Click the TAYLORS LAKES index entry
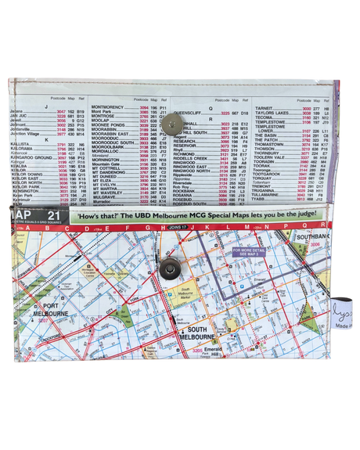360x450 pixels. (x=273, y=113)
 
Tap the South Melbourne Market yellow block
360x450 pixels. (x=187, y=295)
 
